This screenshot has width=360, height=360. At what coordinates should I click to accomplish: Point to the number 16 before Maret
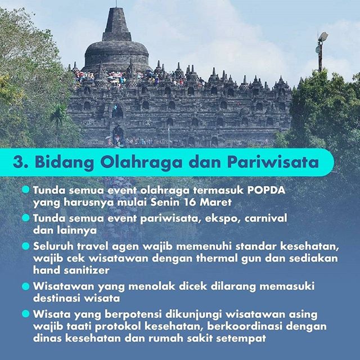pyautogui.click(x=190, y=202)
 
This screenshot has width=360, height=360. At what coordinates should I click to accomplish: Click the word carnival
pyautogui.click(x=266, y=218)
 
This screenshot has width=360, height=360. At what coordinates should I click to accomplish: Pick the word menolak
pyautogui.click(x=151, y=286)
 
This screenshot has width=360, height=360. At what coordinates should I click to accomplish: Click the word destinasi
pyautogui.click(x=56, y=298)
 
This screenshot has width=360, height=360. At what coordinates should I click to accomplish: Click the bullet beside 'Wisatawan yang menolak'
pyautogui.click(x=26, y=286)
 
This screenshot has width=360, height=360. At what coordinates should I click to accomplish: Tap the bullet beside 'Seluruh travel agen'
pyautogui.click(x=26, y=246)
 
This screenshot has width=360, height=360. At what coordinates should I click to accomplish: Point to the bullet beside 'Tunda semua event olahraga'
pyautogui.click(x=26, y=190)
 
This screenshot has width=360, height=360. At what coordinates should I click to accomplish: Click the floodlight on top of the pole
pyautogui.click(x=323, y=37)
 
